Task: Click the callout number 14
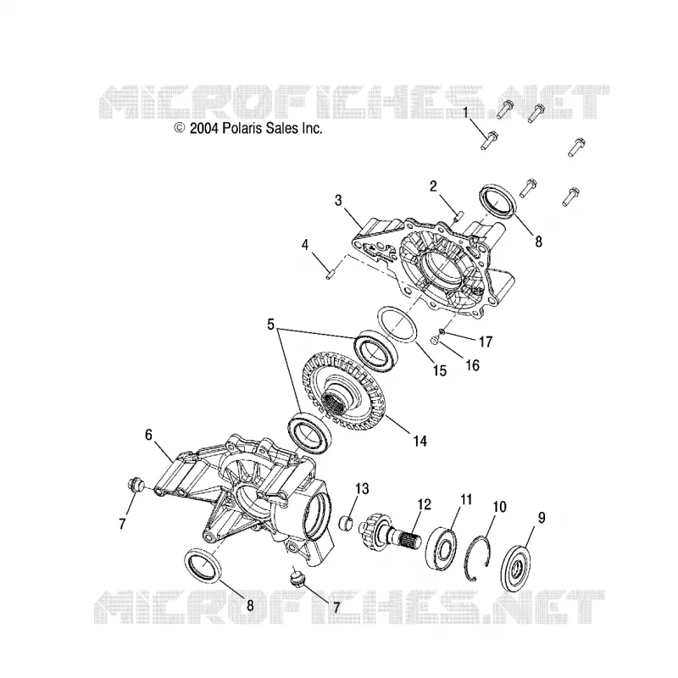[x=420, y=441]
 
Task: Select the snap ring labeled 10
[x=481, y=556]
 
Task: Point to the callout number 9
[x=542, y=517]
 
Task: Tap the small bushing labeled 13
[x=349, y=523]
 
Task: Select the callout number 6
[x=149, y=435]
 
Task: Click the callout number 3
[x=338, y=200]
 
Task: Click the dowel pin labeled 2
[x=458, y=215]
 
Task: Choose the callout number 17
[x=486, y=342]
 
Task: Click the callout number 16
[x=473, y=365]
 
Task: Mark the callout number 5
[x=270, y=324]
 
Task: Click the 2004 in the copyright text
[x=204, y=129]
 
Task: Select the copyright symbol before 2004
[x=180, y=128]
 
